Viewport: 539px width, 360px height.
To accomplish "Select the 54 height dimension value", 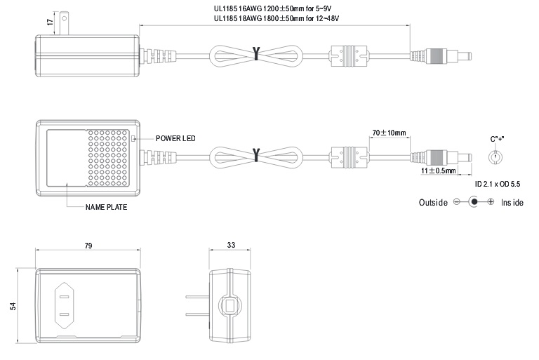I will pos(13,307).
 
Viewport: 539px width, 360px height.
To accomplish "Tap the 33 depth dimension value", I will pos(232,246).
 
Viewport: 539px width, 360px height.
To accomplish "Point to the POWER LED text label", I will pos(175,138).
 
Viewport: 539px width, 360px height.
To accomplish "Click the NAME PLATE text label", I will pos(106,208).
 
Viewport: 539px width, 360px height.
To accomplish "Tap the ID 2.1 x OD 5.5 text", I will pos(499,184).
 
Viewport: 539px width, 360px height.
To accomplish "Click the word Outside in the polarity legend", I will pos(433,202).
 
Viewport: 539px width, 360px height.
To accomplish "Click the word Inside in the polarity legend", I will pos(512,202).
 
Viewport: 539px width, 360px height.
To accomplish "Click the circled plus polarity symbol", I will pos(491,202).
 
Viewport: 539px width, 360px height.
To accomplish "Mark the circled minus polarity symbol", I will pos(456,202).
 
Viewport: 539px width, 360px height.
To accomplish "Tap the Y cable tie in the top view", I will pos(256,53).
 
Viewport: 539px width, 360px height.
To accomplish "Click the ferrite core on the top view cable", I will pos(349,55).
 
